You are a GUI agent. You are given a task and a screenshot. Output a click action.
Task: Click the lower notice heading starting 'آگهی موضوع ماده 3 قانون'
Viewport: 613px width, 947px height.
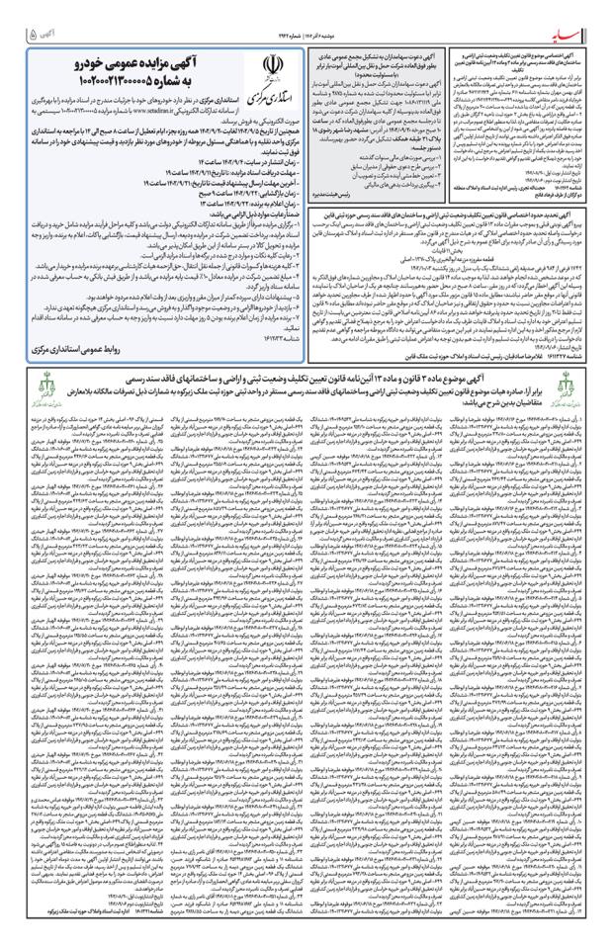pos(306,404)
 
